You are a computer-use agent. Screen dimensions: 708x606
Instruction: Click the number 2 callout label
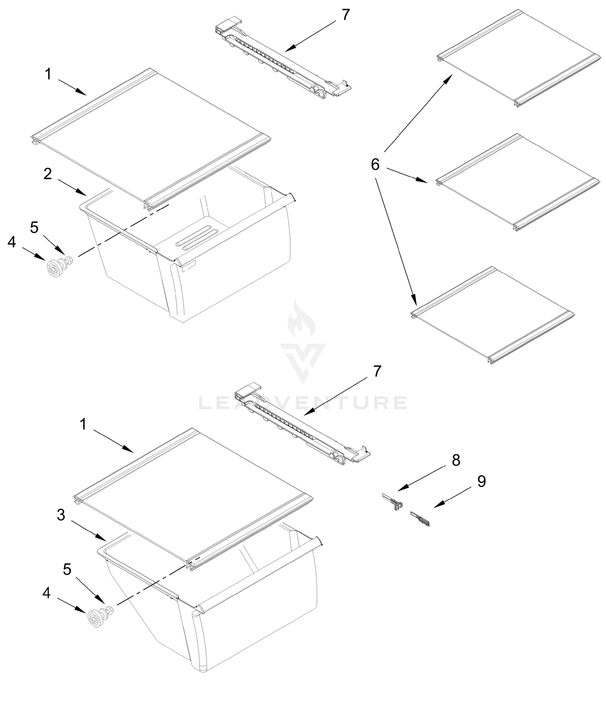[x=48, y=174]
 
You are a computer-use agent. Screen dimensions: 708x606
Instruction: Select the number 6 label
[x=375, y=165]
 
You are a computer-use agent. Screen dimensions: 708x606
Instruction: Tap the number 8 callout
[x=456, y=460]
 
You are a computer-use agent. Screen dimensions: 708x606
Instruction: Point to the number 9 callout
[x=481, y=481]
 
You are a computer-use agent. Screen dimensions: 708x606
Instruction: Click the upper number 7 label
[x=345, y=15]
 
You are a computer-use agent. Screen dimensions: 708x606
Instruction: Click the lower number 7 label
[x=377, y=371]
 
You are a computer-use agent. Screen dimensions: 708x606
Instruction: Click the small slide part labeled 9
[x=420, y=518]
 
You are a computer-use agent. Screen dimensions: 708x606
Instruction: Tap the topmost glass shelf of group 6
[x=518, y=58]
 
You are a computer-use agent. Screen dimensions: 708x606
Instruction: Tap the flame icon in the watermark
[x=302, y=320]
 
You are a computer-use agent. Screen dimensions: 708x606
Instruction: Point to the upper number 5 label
[x=34, y=227]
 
